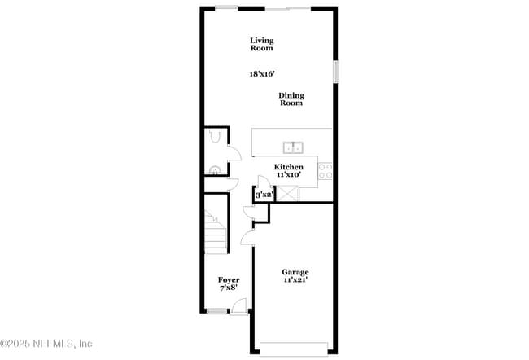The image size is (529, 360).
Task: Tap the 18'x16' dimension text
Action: pyautogui.click(x=262, y=74)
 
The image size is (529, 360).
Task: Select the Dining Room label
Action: pyautogui.click(x=291, y=99)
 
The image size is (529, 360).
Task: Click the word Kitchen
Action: pyautogui.click(x=288, y=167)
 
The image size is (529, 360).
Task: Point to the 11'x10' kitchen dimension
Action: pyautogui.click(x=288, y=174)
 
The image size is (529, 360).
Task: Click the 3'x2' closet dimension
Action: pyautogui.click(x=264, y=195)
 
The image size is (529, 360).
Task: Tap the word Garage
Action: pyautogui.click(x=295, y=272)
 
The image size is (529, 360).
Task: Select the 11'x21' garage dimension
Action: pyautogui.click(x=295, y=280)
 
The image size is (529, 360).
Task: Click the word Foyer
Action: pyautogui.click(x=229, y=279)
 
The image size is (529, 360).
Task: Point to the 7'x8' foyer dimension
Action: pyautogui.click(x=229, y=288)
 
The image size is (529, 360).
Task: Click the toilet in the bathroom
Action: pyautogui.click(x=215, y=136)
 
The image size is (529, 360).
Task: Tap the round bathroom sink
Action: pyautogui.click(x=215, y=170)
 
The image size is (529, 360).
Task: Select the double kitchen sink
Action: pyautogui.click(x=293, y=147)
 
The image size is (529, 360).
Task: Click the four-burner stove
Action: pyautogui.click(x=325, y=170)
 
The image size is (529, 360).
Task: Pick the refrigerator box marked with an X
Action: pyautogui.click(x=287, y=194)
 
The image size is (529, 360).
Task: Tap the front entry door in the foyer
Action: pyautogui.click(x=238, y=306)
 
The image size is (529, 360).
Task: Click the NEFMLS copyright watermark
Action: pyautogui.click(x=46, y=344)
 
